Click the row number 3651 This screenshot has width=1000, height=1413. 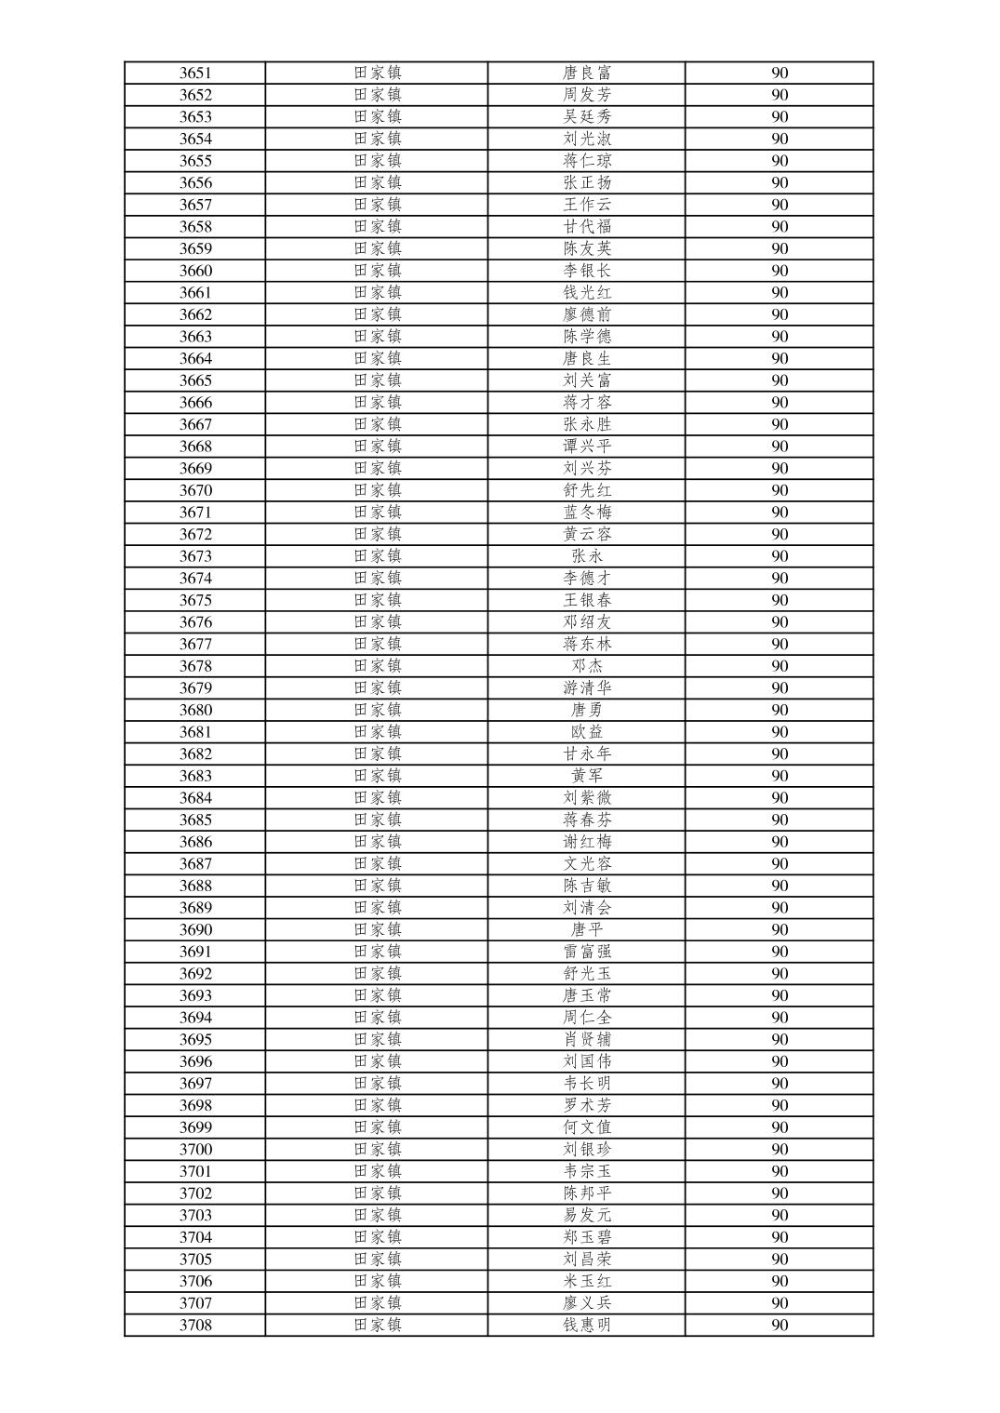coord(195,73)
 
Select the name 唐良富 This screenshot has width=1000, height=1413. coord(587,73)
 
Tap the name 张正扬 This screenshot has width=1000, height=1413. coord(587,183)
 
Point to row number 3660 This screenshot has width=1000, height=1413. coord(195,271)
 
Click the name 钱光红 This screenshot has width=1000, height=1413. coord(587,293)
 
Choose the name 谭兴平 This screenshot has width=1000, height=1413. coord(587,447)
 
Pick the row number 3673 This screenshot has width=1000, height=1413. coord(195,556)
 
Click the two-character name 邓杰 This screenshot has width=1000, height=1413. coord(587,666)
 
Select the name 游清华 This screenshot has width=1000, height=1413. coord(587,688)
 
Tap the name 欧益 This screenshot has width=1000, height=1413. coord(587,732)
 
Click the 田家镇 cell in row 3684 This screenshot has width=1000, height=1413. coord(377,798)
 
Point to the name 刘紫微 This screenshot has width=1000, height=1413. coord(587,798)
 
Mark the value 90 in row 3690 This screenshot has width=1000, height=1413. coord(780,930)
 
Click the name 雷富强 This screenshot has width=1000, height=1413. coord(587,952)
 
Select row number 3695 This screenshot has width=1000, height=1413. coord(195,1040)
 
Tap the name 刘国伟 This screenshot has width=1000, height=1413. coord(587,1061)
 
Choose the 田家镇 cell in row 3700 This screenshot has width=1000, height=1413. coord(377,1150)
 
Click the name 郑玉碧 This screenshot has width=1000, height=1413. coord(587,1237)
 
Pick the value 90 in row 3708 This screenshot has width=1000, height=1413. coord(780,1326)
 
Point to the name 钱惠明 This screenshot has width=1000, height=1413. coord(587,1326)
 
